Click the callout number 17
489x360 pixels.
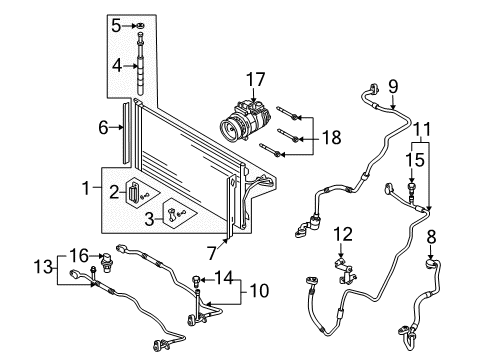point(255,80)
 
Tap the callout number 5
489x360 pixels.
point(116,26)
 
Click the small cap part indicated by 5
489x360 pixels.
point(141,26)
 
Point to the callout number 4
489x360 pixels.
point(117,66)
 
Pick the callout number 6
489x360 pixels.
point(103,127)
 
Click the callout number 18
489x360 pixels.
point(331,137)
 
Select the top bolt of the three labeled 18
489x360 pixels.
point(287,113)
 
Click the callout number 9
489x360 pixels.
point(393,86)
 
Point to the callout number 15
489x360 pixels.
point(415,160)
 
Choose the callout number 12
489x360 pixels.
point(343,234)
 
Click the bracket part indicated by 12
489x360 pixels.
point(346,270)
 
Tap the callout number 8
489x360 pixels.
point(431,237)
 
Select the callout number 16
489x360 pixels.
point(79,256)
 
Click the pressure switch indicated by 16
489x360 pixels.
point(107,262)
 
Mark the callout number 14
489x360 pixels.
point(223,277)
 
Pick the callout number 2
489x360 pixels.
point(114,192)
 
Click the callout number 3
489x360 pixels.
point(149,219)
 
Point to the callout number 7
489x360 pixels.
point(212,253)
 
